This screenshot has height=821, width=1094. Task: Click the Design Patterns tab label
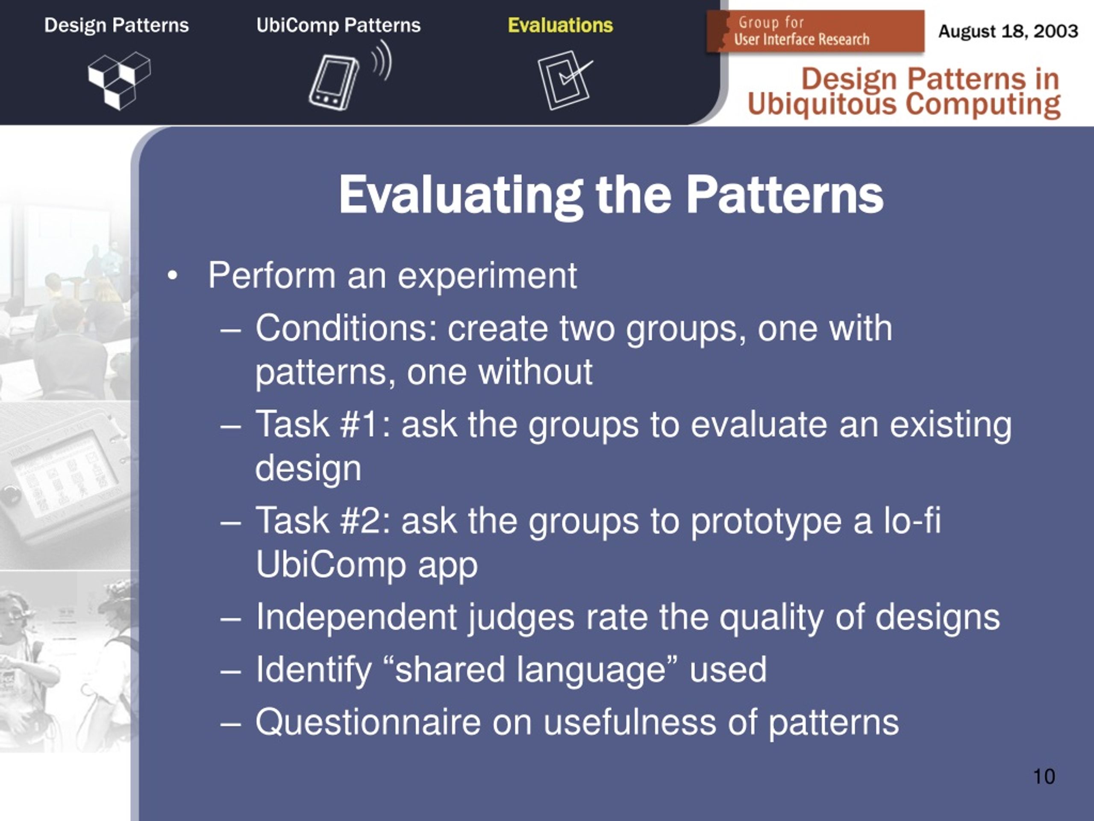(x=116, y=25)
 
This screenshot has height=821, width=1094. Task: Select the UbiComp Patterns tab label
(x=338, y=25)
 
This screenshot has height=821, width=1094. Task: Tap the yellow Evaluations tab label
(x=560, y=25)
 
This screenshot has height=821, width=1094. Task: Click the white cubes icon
(x=119, y=81)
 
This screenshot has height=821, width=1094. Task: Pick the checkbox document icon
(x=565, y=80)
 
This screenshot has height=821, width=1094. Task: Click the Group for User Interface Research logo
(x=815, y=31)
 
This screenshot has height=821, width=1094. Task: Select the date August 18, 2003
(x=1008, y=31)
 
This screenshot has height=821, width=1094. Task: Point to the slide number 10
(x=1044, y=777)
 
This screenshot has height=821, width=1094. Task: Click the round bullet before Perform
(x=172, y=276)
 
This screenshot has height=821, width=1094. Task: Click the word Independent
(x=356, y=617)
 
